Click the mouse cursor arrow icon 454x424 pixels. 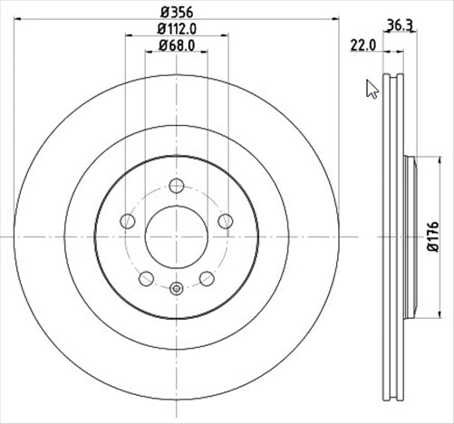372,88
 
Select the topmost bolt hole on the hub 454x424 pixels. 176,187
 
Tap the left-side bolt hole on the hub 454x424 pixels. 128,221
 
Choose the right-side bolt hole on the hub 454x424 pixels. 224,221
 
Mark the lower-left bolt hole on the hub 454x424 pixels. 146,277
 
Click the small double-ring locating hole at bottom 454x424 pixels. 176,290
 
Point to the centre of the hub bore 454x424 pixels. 176,236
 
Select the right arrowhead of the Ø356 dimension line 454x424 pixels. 334,19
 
